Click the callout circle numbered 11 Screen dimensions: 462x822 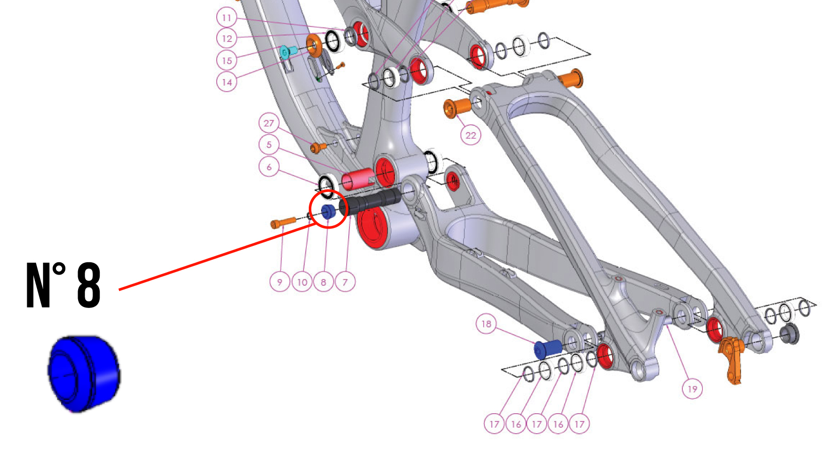pyautogui.click(x=227, y=18)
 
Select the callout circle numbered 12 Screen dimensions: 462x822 pyautogui.click(x=227, y=38)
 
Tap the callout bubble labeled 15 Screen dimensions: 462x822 pyautogui.click(x=227, y=61)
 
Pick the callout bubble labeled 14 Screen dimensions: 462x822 pyautogui.click(x=227, y=82)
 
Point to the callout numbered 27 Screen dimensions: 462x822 pyautogui.click(x=269, y=123)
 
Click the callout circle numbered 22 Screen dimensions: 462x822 pyautogui.click(x=471, y=136)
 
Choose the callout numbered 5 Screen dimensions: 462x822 pyautogui.click(x=269, y=145)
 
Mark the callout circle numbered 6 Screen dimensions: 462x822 pyautogui.click(x=269, y=167)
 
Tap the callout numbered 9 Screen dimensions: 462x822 pyautogui.click(x=279, y=282)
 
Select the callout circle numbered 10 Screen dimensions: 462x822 pyautogui.click(x=302, y=282)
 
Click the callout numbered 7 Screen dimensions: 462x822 pyautogui.click(x=345, y=282)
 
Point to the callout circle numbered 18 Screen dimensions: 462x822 pyautogui.click(x=486, y=324)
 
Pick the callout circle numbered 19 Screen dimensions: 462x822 pyautogui.click(x=692, y=389)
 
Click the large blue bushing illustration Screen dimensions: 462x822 pyautogui.click(x=84, y=373)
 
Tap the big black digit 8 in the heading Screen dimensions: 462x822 pyautogui.click(x=88, y=285)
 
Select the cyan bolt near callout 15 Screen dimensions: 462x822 pyautogui.click(x=287, y=51)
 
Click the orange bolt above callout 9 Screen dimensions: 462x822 pyautogui.click(x=283, y=223)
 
